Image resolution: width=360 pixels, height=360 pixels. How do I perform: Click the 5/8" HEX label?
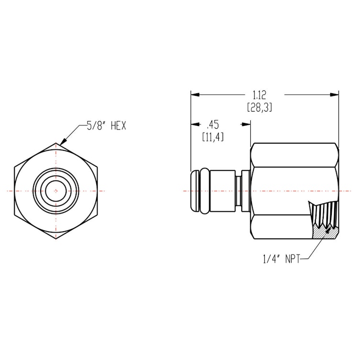[106, 126]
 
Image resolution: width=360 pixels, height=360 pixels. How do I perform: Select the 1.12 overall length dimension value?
[260, 94]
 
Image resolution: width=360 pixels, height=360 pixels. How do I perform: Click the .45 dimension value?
[213, 125]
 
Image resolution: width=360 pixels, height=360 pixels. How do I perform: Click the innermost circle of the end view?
[56, 191]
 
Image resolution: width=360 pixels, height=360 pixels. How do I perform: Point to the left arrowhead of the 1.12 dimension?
[194, 94]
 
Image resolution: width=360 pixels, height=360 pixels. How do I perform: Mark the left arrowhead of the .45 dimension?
[194, 124]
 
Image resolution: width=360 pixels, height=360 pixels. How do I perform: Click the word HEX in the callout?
[118, 126]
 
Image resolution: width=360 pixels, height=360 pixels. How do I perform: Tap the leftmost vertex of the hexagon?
[13, 191]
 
